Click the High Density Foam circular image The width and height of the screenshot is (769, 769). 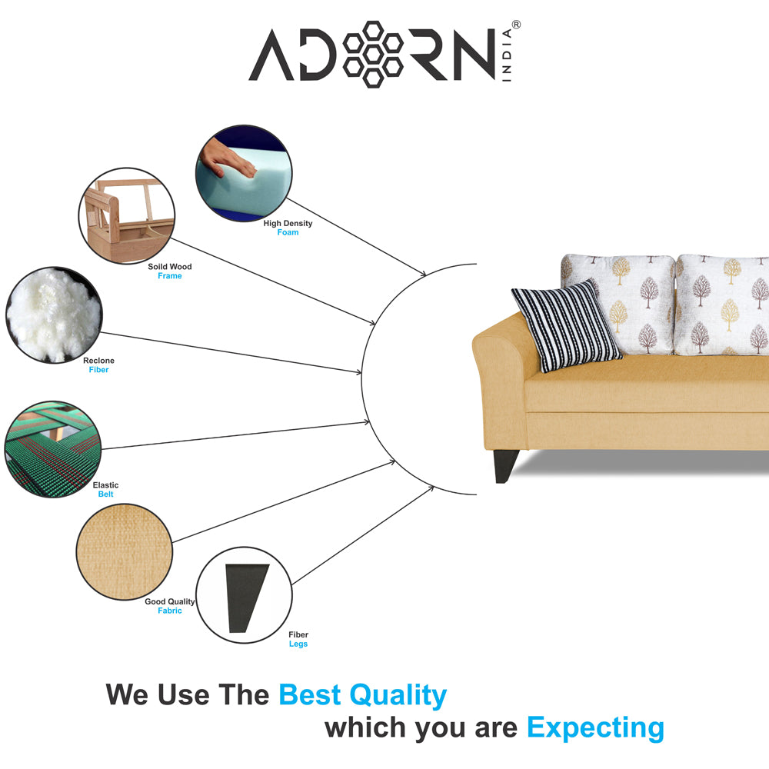pyautogui.click(x=244, y=173)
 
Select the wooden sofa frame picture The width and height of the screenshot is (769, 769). pyautogui.click(x=127, y=216)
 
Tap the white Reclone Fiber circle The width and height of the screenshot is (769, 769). pyautogui.click(x=54, y=315)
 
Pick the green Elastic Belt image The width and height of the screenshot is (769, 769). pyautogui.click(x=52, y=449)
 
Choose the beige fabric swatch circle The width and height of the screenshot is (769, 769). pyautogui.click(x=125, y=551)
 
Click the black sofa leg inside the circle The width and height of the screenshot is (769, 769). pyautogui.click(x=247, y=598)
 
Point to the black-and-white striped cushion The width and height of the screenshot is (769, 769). pyautogui.click(x=567, y=325)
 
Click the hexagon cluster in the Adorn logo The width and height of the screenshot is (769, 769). pyautogui.click(x=373, y=55)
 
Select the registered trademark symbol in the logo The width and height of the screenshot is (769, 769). pyautogui.click(x=516, y=25)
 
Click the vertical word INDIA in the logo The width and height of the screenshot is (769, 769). pyautogui.click(x=507, y=55)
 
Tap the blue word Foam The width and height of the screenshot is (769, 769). pyautogui.click(x=288, y=232)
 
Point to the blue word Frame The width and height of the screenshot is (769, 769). pyautogui.click(x=170, y=276)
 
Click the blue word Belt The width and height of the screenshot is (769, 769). pyautogui.click(x=105, y=494)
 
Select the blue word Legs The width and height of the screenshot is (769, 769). pyautogui.click(x=298, y=644)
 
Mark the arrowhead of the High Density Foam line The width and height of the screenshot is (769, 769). pyautogui.click(x=423, y=273)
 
